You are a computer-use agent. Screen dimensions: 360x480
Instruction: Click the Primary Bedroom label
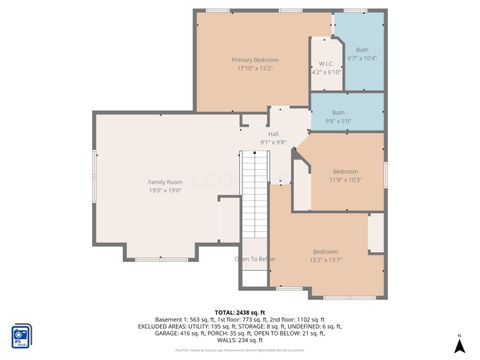(x=254, y=60)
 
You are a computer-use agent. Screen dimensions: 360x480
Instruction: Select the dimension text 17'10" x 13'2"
(x=254, y=69)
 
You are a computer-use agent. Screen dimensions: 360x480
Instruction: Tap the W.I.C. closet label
(x=326, y=65)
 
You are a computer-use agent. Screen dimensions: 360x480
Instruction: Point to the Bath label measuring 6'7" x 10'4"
(x=362, y=50)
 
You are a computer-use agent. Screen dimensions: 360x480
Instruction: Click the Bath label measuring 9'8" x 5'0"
(x=338, y=113)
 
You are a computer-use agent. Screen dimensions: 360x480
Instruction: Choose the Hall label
(x=273, y=135)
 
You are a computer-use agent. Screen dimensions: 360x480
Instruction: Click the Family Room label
(x=164, y=182)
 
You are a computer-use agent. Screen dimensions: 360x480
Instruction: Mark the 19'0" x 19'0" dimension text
(x=164, y=190)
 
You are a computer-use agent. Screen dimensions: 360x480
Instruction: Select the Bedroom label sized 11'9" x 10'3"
(x=345, y=171)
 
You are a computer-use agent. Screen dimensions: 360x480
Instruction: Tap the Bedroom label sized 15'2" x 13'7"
(x=325, y=251)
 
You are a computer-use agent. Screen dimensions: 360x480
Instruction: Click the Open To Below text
(x=255, y=259)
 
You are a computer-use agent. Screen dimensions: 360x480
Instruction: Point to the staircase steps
(x=255, y=195)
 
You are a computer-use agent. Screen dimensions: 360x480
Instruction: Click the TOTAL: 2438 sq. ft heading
(x=240, y=312)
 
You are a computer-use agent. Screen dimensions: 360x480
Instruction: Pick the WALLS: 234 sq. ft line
(x=240, y=340)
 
